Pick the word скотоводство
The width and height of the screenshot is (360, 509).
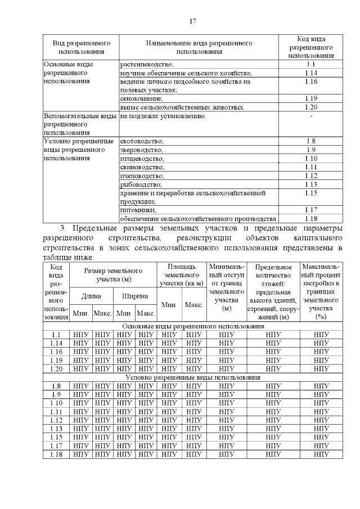tap(142, 141)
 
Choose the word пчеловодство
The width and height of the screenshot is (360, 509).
tap(142, 175)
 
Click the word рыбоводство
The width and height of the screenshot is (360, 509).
tap(141, 184)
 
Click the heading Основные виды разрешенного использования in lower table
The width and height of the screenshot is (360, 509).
tap(193, 326)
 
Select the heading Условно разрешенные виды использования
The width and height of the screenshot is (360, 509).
tap(193, 377)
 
